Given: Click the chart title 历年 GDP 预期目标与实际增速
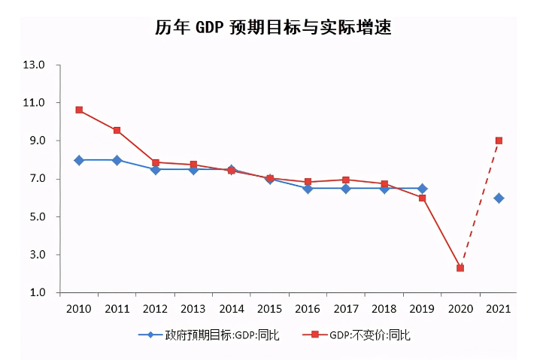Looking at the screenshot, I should point(274,28).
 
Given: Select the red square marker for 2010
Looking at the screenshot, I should point(79,110).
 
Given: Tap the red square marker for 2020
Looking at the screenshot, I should point(460,268).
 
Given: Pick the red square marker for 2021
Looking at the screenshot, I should point(499,141).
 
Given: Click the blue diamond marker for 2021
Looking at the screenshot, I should point(499,198).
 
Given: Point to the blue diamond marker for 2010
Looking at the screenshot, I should point(79,160).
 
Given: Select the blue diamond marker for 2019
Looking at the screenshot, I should point(423,189).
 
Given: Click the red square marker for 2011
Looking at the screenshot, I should point(117,131).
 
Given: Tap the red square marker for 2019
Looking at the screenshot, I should point(423,198).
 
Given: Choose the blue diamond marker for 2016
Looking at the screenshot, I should point(308,189).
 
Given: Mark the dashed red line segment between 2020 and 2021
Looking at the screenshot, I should point(480,204).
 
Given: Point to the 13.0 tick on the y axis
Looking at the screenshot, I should point(35,65).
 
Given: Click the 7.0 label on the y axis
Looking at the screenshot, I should point(35,179).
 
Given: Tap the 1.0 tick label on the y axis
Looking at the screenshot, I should point(35,293).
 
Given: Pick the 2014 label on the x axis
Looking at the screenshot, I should point(232,309).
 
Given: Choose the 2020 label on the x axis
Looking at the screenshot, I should point(460,309).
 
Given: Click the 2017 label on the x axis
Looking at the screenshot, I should point(346,309).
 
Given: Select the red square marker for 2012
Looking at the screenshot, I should point(156,162).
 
